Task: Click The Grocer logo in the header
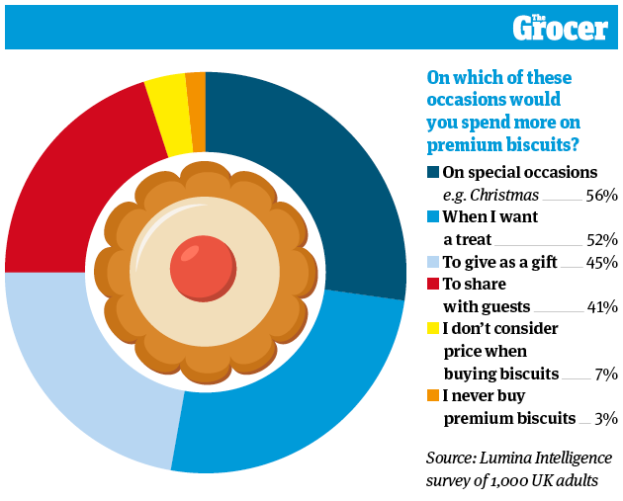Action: pos(561,28)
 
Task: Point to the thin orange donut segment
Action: pos(196,112)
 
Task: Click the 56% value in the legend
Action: pos(601,196)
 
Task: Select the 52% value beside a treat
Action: pos(602,240)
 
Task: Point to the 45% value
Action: pos(601,263)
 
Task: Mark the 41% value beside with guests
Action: pos(602,307)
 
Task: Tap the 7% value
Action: pos(606,374)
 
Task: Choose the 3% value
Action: pos(606,419)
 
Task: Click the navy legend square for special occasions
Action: pos(433,172)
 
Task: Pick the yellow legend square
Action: pos(433,328)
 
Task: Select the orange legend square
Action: pos(433,395)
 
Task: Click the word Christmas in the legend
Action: pos(504,196)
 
